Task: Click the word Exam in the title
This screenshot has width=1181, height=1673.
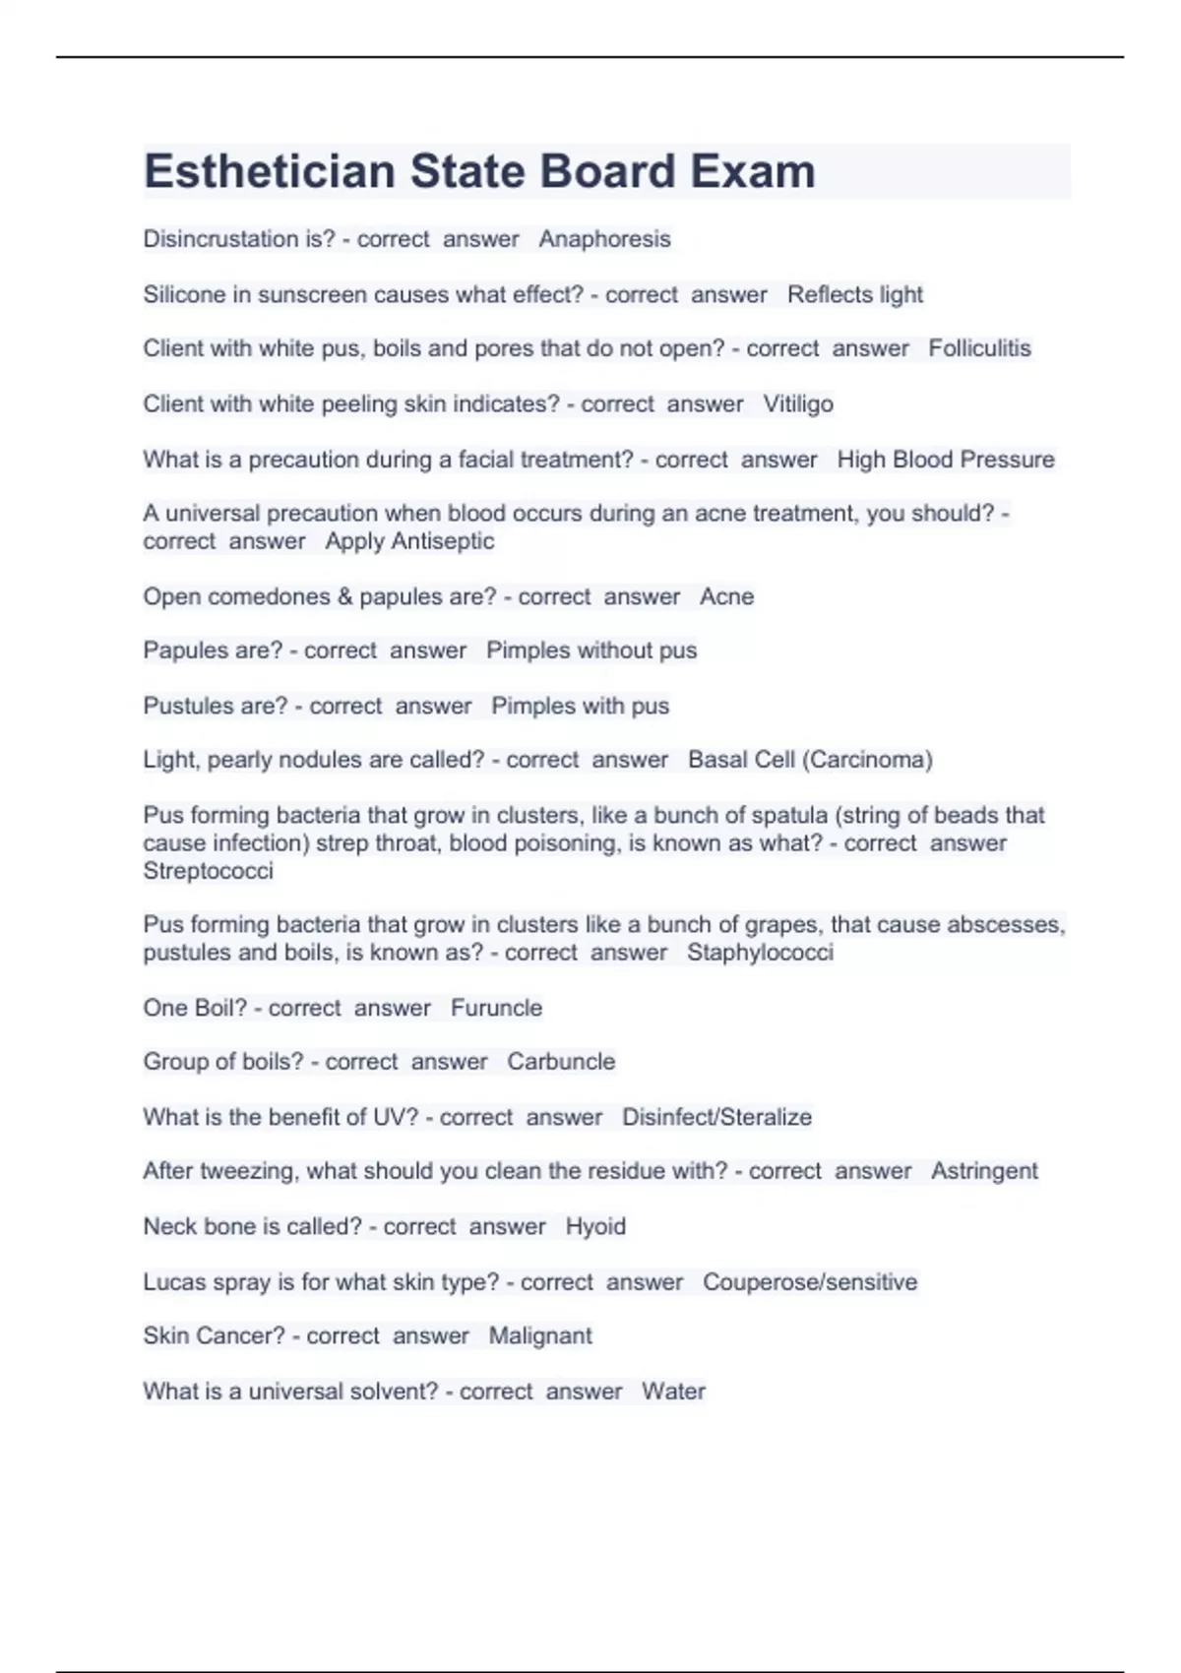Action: click(752, 171)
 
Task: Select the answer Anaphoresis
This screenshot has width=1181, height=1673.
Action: click(604, 239)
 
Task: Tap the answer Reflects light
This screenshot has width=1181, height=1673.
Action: click(854, 294)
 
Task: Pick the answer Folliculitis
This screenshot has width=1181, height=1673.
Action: click(979, 348)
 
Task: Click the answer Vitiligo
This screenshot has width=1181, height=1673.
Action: click(798, 403)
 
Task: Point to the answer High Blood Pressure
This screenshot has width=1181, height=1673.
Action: click(945, 460)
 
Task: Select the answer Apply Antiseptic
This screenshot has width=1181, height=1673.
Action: click(409, 541)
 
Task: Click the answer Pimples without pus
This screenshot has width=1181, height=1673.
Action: click(591, 651)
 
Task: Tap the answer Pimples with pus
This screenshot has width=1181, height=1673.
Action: click(580, 706)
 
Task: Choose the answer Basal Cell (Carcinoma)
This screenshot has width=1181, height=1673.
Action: click(810, 760)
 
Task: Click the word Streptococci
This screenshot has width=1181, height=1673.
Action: click(208, 871)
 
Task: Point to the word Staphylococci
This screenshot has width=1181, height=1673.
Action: click(760, 953)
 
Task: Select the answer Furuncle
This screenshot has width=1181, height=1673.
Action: click(496, 1008)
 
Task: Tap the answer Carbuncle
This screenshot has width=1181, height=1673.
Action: click(561, 1062)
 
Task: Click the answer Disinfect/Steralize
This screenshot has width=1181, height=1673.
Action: click(716, 1117)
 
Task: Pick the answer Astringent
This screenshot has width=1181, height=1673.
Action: click(984, 1171)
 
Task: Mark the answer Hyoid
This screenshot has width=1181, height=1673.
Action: click(595, 1226)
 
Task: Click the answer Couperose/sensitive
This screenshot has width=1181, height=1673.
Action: click(809, 1282)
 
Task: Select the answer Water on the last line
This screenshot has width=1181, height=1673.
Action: click(673, 1392)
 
